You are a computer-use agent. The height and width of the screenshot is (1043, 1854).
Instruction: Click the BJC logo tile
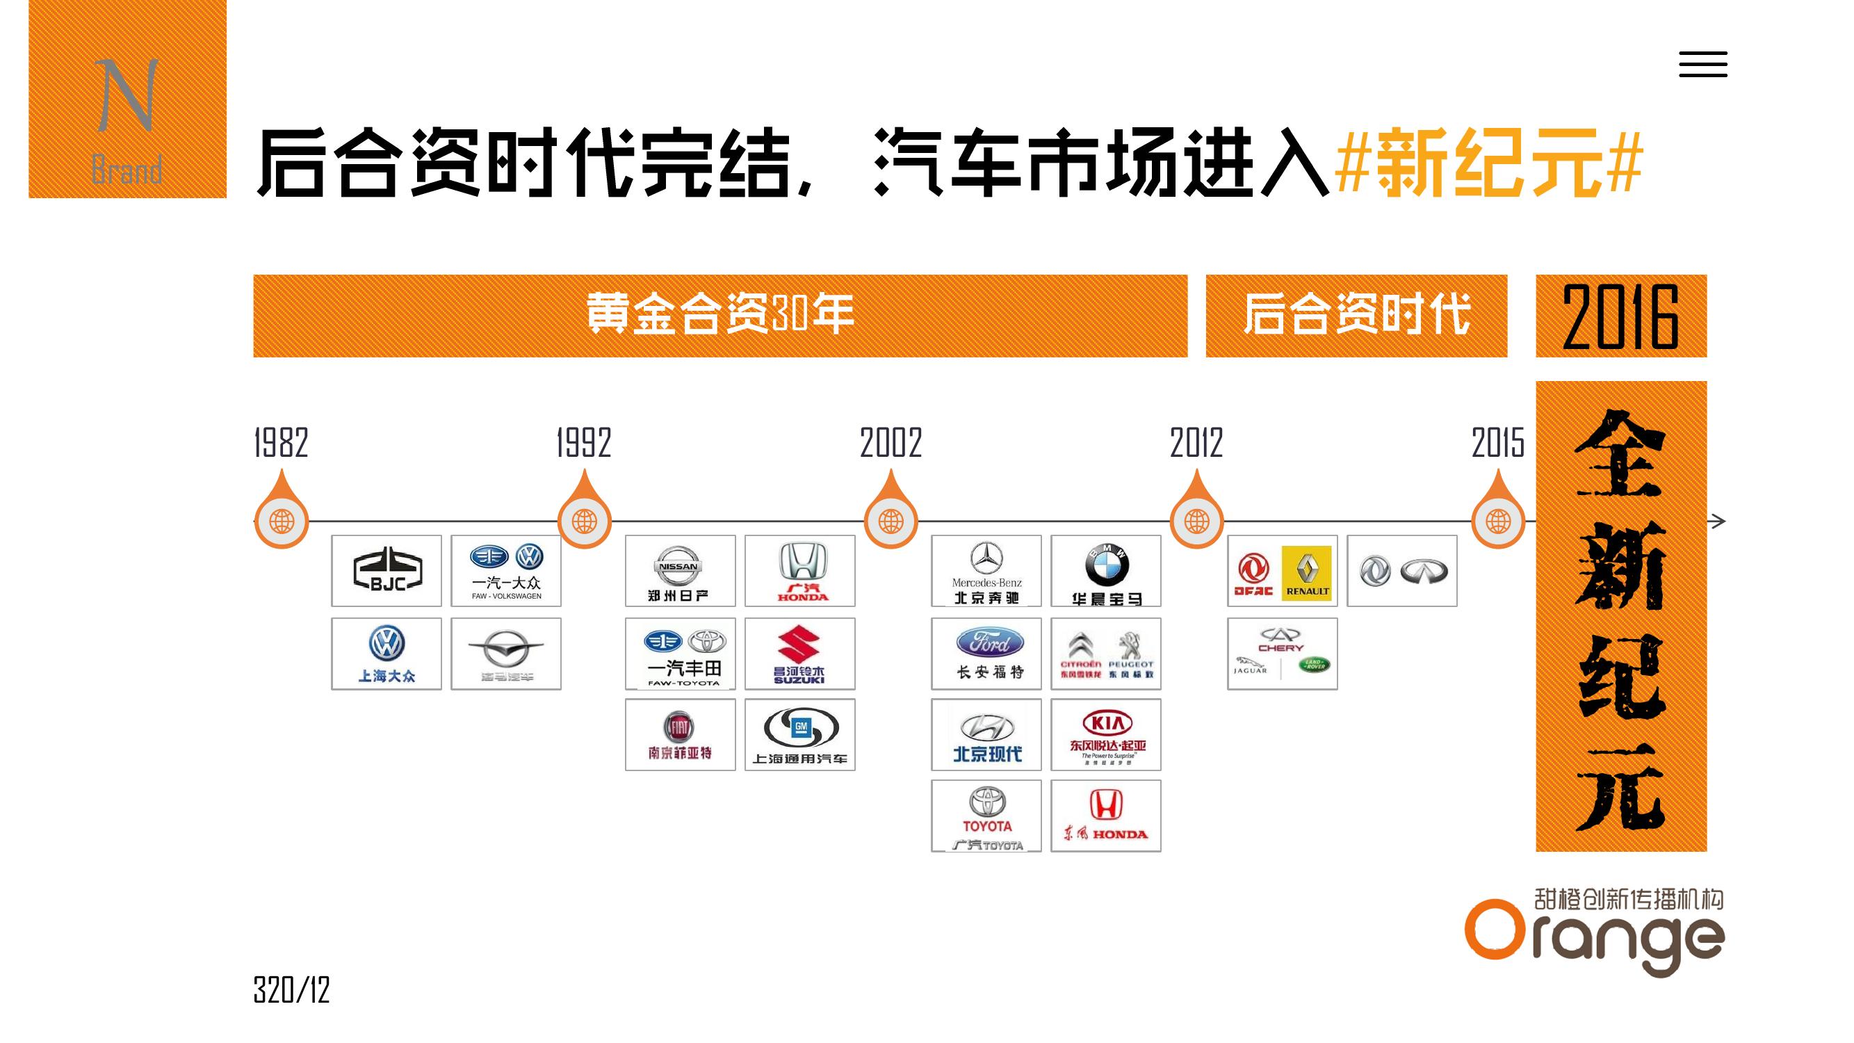click(x=387, y=571)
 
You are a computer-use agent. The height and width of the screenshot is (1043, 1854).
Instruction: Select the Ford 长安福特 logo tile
click(x=986, y=654)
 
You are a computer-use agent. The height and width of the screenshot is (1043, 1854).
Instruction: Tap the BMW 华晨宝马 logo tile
click(x=1105, y=571)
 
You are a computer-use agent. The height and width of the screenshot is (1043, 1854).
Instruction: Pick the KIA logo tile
click(x=1105, y=735)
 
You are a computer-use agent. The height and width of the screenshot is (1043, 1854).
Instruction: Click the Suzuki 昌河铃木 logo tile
click(x=799, y=654)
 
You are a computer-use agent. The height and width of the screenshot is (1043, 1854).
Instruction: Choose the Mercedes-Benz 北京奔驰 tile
click(x=986, y=571)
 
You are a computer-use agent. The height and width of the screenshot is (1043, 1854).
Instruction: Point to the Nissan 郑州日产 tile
click(x=680, y=571)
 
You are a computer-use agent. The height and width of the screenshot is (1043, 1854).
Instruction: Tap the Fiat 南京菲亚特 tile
click(x=680, y=735)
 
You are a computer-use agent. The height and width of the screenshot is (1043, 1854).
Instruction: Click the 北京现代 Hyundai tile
click(x=986, y=735)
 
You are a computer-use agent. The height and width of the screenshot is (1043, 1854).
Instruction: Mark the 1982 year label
click(x=282, y=443)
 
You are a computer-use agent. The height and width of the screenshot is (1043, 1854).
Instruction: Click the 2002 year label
click(x=891, y=443)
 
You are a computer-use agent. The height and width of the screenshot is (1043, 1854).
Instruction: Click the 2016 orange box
click(x=1621, y=316)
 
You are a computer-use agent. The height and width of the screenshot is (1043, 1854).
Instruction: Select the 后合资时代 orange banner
click(x=1356, y=316)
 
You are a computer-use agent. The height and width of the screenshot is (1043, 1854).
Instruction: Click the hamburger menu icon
click(x=1703, y=65)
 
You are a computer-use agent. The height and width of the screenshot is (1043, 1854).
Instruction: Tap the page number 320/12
click(x=291, y=990)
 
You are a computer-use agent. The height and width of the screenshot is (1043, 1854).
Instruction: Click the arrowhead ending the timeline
click(x=1718, y=521)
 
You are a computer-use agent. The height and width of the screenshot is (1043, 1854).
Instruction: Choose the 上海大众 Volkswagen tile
click(x=387, y=654)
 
